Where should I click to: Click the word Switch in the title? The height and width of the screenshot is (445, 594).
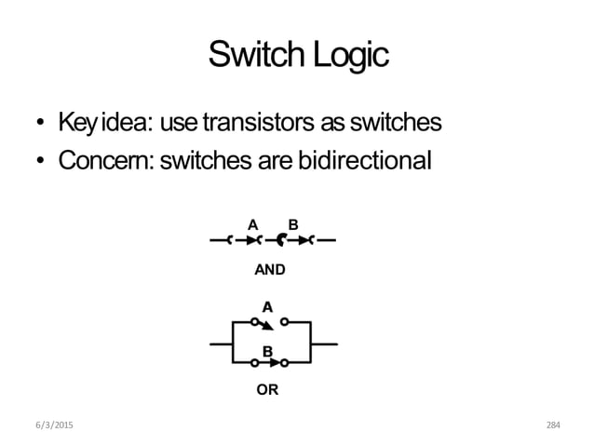click(253, 56)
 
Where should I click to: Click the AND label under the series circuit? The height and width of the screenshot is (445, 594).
click(269, 270)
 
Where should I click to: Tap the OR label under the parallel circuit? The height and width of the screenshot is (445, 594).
click(267, 390)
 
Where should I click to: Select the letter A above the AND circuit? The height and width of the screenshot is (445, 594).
click(251, 224)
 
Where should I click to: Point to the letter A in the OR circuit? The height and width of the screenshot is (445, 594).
click(267, 306)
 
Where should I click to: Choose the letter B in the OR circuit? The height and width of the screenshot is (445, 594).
click(267, 352)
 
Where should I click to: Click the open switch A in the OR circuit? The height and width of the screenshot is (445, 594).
click(268, 323)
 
